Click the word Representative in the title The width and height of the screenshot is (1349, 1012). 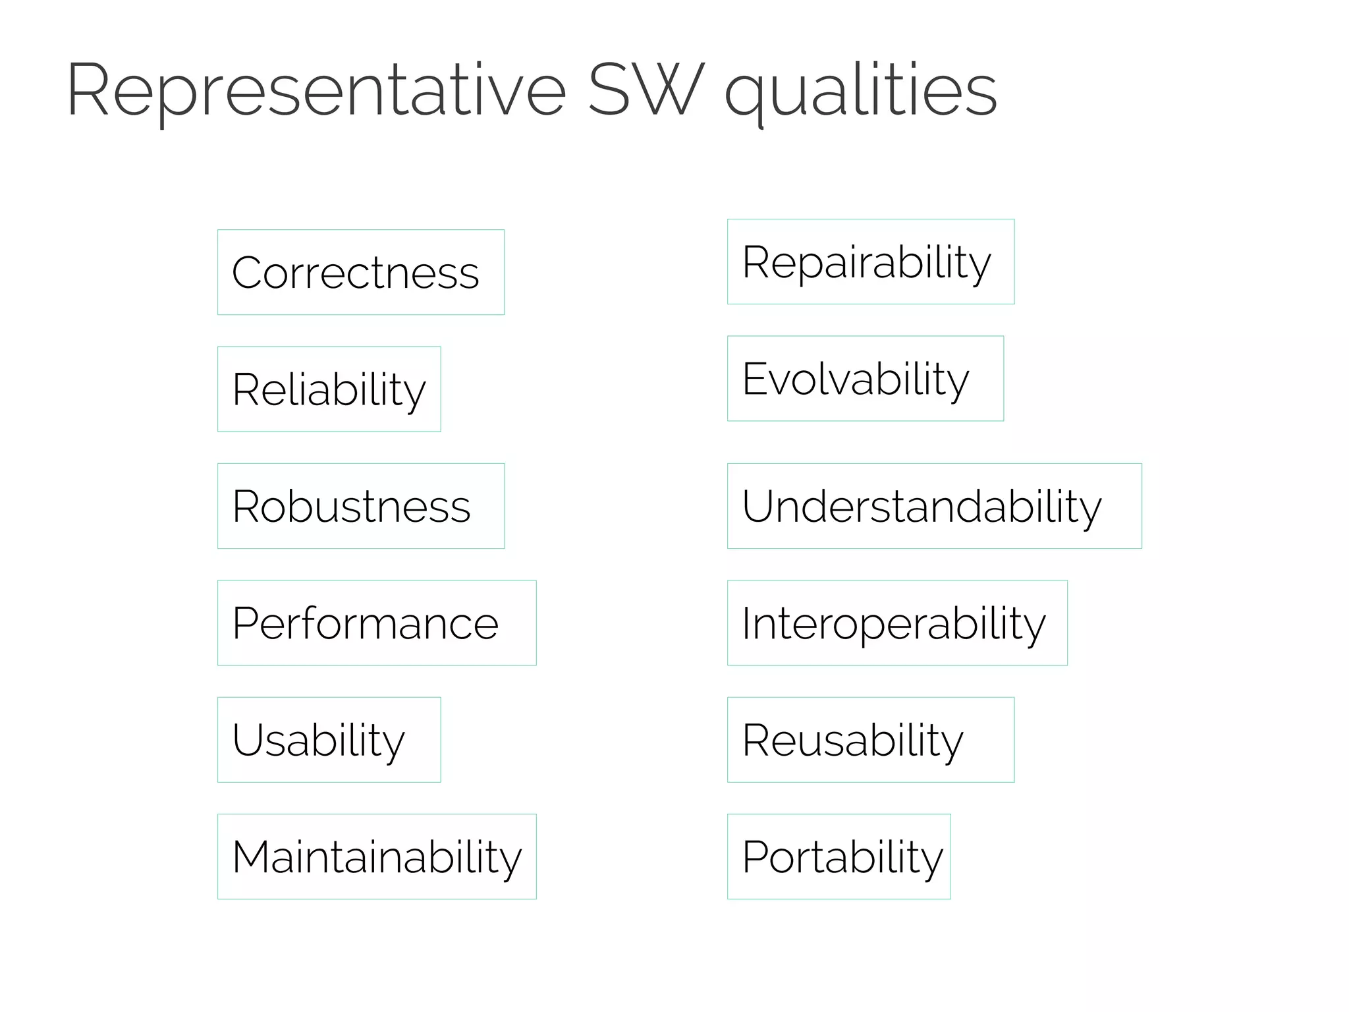click(316, 91)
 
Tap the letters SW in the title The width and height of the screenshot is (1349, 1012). click(646, 90)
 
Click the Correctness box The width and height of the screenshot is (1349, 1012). click(361, 272)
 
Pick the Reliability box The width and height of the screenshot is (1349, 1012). click(329, 389)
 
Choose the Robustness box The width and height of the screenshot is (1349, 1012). click(361, 506)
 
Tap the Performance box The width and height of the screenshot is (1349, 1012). click(377, 623)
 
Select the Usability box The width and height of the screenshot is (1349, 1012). click(329, 740)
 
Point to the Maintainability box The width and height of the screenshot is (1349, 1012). click(377, 857)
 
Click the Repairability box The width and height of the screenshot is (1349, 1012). click(870, 262)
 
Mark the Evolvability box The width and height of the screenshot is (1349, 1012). click(865, 379)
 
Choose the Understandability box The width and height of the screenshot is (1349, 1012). click(934, 506)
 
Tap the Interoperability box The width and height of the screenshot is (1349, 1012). click(896, 623)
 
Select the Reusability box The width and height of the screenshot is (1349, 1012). click(870, 740)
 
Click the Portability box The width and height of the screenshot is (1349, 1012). click(839, 857)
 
